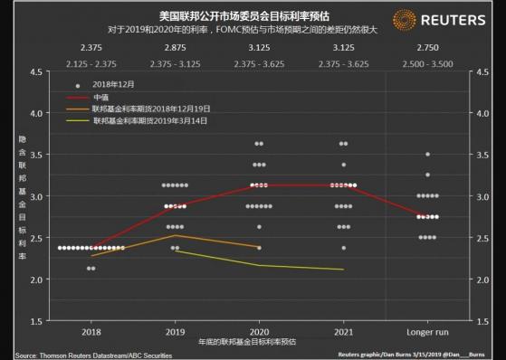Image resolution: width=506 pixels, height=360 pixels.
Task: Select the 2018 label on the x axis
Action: tap(91, 331)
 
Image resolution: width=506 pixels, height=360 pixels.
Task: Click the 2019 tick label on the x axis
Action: tap(175, 331)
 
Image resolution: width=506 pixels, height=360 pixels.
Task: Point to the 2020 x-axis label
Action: tap(259, 331)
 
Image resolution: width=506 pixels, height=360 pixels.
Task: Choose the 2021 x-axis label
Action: tap(343, 331)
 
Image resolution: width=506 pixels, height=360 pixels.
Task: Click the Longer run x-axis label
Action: tap(427, 331)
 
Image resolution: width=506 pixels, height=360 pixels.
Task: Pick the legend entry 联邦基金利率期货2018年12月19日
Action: tap(147, 107)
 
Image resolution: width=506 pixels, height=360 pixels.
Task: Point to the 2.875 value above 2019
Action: tap(175, 44)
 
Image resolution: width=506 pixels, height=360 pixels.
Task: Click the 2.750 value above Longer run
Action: tap(427, 44)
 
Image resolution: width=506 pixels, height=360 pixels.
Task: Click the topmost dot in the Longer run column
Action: tap(427, 155)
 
